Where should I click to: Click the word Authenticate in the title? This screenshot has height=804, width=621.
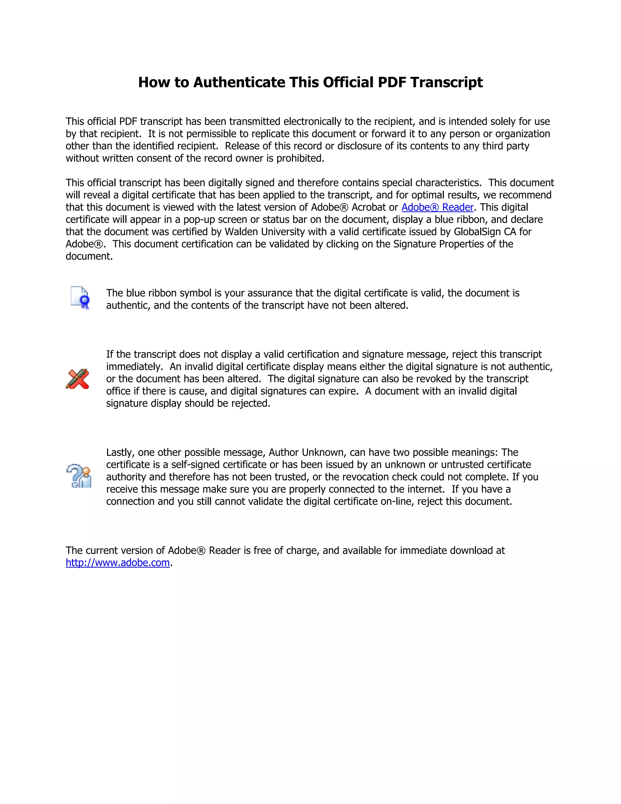(x=239, y=82)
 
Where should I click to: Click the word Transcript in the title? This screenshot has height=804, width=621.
(x=446, y=82)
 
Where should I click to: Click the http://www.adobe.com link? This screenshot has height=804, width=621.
(x=118, y=563)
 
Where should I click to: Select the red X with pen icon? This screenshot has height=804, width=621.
(x=78, y=379)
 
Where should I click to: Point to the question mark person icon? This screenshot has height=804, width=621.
(x=79, y=476)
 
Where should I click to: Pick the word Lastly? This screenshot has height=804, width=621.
(x=120, y=452)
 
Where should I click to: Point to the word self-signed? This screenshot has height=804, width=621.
(x=196, y=464)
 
